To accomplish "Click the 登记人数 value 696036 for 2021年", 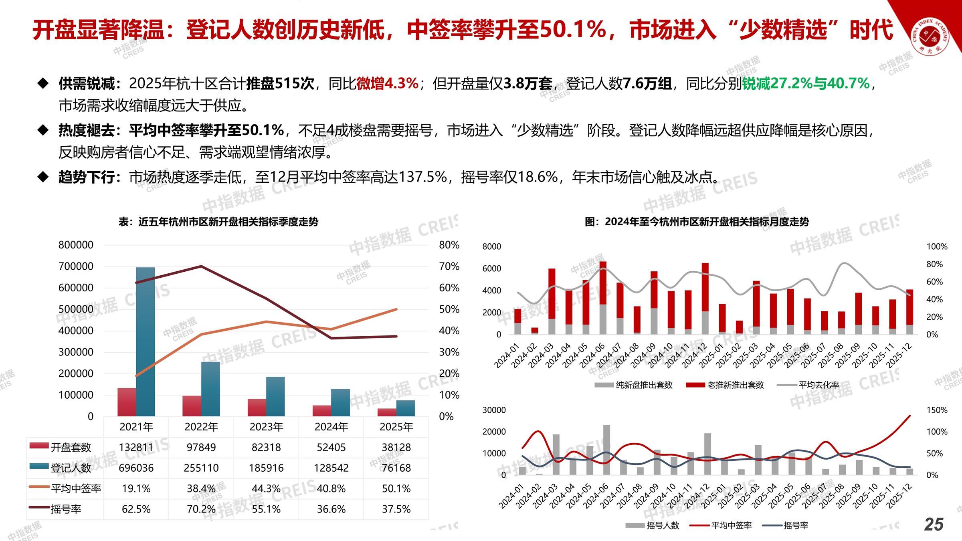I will pos(136,468).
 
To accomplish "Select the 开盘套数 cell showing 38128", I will pos(396,447).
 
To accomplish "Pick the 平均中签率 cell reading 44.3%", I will pos(266,489).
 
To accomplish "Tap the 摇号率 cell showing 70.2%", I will pos(201,509).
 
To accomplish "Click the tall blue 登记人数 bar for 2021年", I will pos(146,341).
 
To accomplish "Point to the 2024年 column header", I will pos(331,427).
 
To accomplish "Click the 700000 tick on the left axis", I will pos(76,266).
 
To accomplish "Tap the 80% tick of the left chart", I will pos(449,245).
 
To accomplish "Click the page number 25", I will pos(934,524).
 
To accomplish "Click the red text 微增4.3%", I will pos(387,83).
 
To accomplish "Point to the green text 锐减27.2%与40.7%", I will pos(806,83).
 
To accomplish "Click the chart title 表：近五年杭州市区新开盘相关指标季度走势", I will pos(218,222).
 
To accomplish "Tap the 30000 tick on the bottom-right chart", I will pos(494,410).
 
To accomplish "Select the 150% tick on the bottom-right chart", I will pos(937,410).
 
